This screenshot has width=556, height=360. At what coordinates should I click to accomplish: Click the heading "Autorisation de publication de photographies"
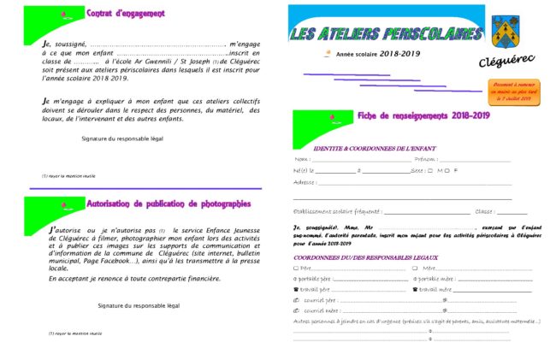point(169,204)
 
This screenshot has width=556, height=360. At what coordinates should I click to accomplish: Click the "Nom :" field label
point(302,159)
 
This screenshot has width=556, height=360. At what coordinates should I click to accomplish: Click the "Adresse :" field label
point(305,182)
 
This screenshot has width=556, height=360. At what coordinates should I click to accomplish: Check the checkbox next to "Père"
point(296,268)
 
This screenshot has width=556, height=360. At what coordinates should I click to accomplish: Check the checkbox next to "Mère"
point(415,268)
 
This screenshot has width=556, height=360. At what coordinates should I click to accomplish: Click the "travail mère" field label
point(435,289)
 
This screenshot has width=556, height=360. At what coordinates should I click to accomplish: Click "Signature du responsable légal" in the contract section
point(122,138)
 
